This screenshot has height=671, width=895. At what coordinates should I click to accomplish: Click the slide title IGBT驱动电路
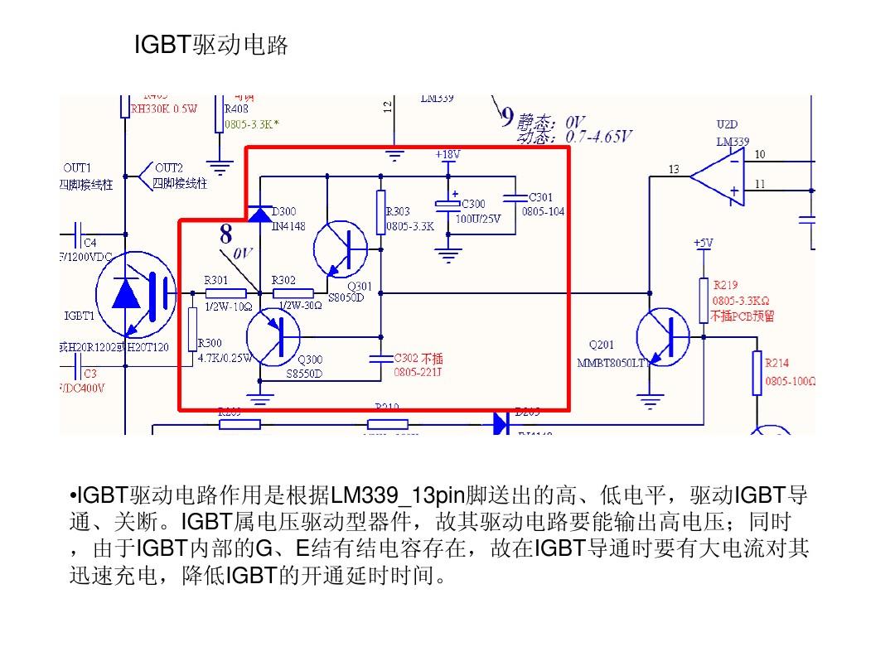(x=210, y=46)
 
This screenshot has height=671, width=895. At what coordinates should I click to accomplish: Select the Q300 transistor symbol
(x=273, y=335)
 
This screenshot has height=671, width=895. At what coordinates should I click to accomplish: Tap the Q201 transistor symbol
(x=663, y=335)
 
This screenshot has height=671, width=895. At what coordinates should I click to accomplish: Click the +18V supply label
(x=447, y=155)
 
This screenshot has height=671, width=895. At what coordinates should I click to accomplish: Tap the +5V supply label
(x=703, y=244)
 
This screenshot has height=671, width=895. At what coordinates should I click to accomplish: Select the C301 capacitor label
(x=540, y=198)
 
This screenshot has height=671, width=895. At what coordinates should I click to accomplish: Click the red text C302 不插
(x=418, y=359)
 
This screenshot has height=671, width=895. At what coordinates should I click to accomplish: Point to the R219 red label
(x=725, y=285)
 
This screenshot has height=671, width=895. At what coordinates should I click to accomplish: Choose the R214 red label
(x=776, y=363)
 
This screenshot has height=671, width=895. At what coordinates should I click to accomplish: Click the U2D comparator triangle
(x=718, y=174)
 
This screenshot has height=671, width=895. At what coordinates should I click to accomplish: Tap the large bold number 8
(x=225, y=234)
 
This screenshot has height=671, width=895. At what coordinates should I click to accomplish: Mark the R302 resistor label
(x=283, y=281)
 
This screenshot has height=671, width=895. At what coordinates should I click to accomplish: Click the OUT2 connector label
(x=169, y=167)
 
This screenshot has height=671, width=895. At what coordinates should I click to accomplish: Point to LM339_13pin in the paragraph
(x=396, y=497)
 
